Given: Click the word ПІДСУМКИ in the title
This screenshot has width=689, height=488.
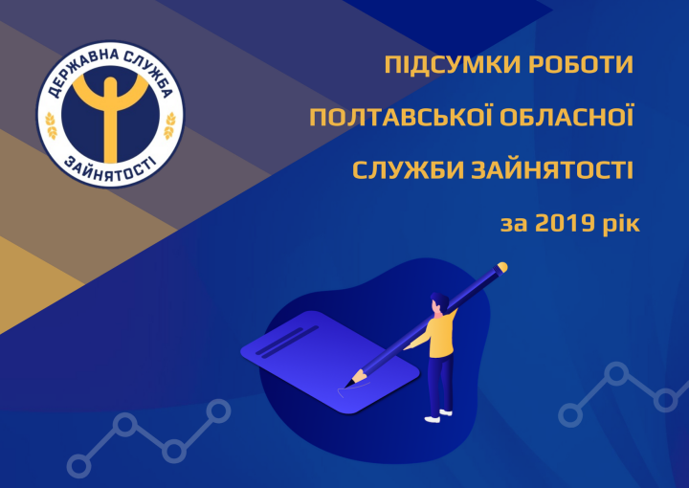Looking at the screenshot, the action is (452, 64).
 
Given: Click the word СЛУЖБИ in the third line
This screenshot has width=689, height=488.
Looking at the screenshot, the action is (408, 169).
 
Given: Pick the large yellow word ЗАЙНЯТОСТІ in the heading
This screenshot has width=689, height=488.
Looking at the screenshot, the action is (552, 169).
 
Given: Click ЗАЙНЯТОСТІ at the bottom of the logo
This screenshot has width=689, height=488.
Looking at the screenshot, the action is (110, 170).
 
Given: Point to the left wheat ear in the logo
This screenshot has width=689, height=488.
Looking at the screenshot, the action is (52, 125).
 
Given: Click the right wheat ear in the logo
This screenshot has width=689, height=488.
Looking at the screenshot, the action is (169, 125).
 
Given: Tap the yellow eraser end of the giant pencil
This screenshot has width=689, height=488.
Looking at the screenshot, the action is (501, 267).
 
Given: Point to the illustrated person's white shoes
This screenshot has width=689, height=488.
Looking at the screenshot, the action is (438, 416).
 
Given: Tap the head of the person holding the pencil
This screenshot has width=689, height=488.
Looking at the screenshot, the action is (439, 303).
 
